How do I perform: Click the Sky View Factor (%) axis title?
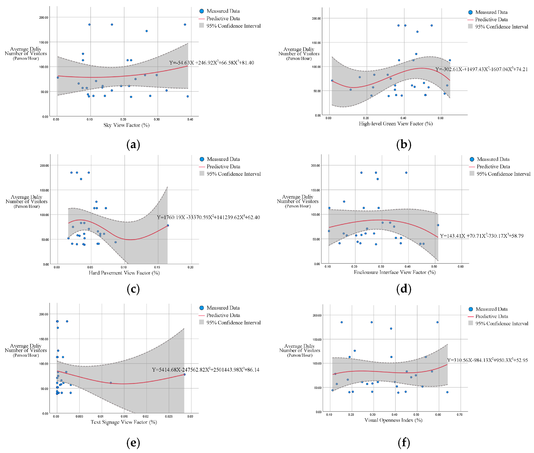tap(126, 125)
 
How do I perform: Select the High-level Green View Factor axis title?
tap(396, 124)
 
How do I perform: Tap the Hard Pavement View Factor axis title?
tap(124, 273)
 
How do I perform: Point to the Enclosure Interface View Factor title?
tap(395, 272)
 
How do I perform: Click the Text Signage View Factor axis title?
tap(124, 422)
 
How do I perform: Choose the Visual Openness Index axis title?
tap(393, 420)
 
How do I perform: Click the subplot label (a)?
tap(133, 145)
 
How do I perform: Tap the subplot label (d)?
tap(404, 289)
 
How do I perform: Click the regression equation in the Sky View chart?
tap(211, 63)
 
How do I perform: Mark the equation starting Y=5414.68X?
tap(206, 370)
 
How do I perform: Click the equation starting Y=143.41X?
tap(482, 236)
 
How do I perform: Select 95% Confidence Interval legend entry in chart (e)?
tap(230, 323)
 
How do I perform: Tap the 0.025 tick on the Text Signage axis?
tap(169, 416)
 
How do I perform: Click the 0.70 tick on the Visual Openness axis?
tap(459, 415)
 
